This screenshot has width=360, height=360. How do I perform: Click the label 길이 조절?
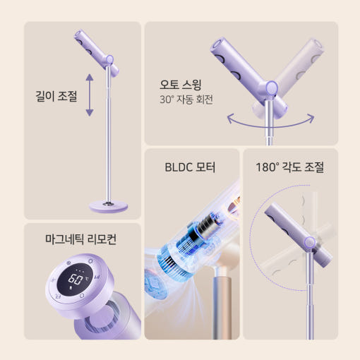click(x=56, y=96)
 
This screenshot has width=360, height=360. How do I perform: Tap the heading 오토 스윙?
click(x=181, y=85)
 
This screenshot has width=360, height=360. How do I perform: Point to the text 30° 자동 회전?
click(x=186, y=100)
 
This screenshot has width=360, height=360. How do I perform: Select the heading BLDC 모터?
click(x=190, y=167)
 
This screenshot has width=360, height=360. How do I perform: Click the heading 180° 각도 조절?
click(x=289, y=167)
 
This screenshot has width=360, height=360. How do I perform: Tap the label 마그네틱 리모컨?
click(x=80, y=239)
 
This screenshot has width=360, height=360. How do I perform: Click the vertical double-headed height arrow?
click(x=90, y=95)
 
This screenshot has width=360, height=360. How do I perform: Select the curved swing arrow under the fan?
click(x=270, y=122)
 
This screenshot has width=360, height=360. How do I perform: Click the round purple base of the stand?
click(x=109, y=206)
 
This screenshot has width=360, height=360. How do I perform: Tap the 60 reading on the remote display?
click(x=76, y=280)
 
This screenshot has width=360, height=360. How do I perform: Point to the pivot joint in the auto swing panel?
click(x=272, y=88)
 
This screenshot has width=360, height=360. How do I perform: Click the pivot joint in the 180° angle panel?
click(x=309, y=242)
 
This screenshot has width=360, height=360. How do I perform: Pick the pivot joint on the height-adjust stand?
click(x=109, y=59)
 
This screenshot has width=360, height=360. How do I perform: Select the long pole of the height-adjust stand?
click(x=109, y=134)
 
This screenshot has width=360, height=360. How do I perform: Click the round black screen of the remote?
click(x=75, y=278)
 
